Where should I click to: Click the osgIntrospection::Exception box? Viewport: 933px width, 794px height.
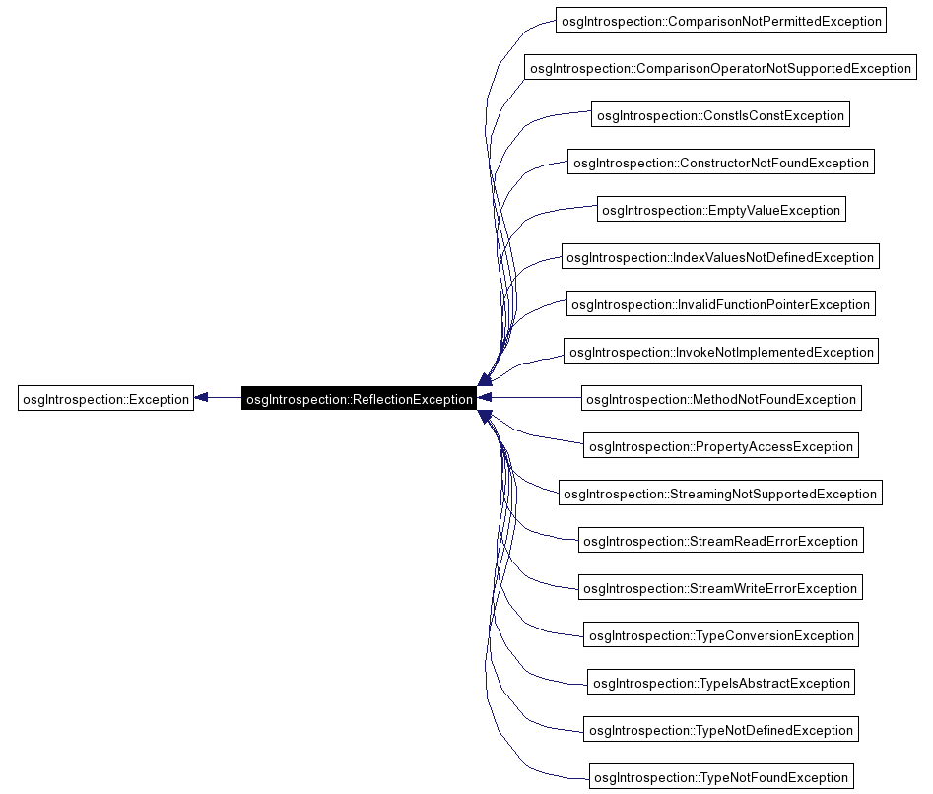[x=105, y=399]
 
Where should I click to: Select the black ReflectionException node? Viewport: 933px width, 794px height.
[x=360, y=399]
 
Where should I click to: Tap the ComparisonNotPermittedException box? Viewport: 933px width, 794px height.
[x=719, y=21]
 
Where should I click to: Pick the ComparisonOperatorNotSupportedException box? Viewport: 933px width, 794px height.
[x=720, y=68]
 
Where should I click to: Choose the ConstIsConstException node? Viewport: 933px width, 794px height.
[x=720, y=115]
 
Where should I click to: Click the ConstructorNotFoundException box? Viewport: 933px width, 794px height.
[x=720, y=163]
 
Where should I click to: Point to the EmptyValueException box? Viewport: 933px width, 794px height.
[x=720, y=210]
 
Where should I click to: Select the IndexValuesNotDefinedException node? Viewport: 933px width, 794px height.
[x=720, y=257]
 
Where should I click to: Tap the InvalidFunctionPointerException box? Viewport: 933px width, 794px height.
[x=720, y=304]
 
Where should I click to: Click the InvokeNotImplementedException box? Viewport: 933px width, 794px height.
[x=720, y=352]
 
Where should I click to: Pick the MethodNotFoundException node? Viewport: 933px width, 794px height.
[x=720, y=399]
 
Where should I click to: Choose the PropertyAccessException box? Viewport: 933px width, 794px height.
[x=720, y=446]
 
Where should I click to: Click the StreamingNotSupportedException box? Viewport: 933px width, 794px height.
[x=720, y=494]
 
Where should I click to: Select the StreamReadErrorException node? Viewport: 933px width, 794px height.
[x=720, y=541]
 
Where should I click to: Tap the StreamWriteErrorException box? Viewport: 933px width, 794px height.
[x=720, y=588]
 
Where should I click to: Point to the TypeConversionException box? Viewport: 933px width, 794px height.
[x=720, y=635]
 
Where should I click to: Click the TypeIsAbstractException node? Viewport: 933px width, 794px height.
[x=720, y=683]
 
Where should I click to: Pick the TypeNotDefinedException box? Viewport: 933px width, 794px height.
[x=720, y=730]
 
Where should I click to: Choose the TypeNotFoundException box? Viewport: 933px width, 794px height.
[x=720, y=777]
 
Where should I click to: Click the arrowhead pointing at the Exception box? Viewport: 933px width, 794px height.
[x=201, y=398]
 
